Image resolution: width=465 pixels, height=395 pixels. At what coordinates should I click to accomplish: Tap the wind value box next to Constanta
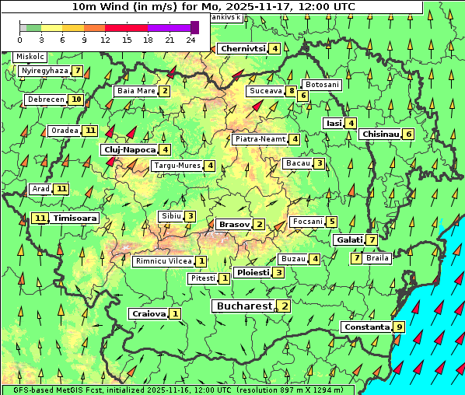[x=399, y=327]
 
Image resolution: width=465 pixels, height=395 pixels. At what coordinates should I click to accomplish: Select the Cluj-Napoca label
[x=129, y=149]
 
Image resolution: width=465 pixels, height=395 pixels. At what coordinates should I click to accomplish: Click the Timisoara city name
[x=75, y=218]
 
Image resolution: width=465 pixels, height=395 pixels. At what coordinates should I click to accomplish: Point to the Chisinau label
[x=381, y=134]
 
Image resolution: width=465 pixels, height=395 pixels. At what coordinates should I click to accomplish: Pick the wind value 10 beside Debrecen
[x=75, y=100]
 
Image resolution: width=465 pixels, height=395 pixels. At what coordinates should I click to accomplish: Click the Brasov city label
[x=234, y=224]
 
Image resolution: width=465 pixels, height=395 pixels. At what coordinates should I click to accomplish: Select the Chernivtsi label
[x=243, y=48]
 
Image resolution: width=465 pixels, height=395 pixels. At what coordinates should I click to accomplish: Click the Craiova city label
[x=149, y=313]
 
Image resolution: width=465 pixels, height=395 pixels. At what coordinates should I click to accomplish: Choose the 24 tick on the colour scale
[x=191, y=40]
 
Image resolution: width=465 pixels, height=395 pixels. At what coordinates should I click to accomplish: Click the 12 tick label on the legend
[x=105, y=40]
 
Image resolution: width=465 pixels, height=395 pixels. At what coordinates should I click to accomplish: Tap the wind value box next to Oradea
[x=91, y=130]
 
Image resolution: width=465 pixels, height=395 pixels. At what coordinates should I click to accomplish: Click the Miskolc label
[x=30, y=57]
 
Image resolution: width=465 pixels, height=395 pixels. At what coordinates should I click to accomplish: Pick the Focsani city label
[x=307, y=222]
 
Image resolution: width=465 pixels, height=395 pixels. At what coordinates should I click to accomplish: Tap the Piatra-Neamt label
[x=260, y=139]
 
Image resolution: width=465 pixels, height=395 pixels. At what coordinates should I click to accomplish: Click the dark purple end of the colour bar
[x=194, y=27]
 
